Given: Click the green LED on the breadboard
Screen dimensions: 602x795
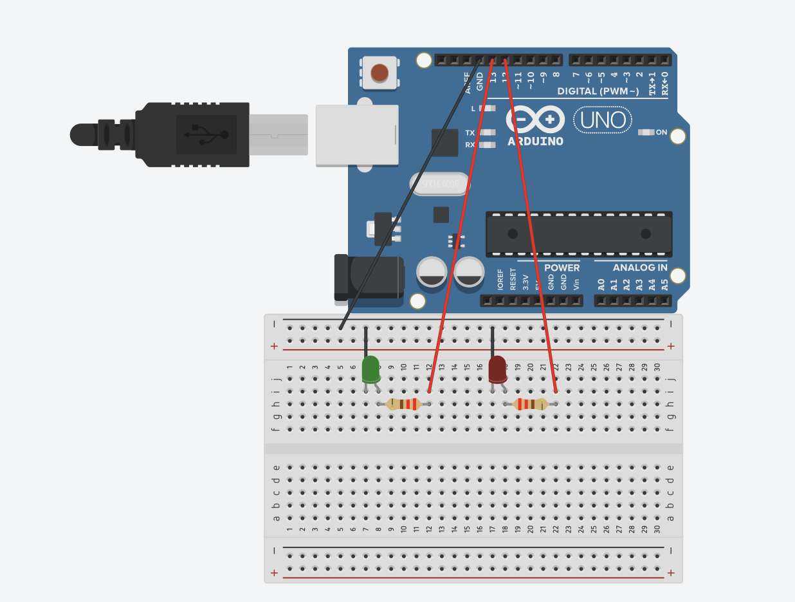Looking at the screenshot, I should coord(370,370).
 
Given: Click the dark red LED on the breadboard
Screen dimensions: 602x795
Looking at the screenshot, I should coord(497,370).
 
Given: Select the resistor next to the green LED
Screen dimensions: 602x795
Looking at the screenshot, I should coord(403,404).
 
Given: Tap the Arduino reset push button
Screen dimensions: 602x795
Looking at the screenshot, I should coord(379,73).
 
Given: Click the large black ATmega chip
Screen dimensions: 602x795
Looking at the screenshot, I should coord(579,233).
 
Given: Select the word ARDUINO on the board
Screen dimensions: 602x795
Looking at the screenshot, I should coord(535,141).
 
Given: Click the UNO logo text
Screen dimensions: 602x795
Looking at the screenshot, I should coord(603,120).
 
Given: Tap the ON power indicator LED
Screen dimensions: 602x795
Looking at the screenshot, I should coord(646,132).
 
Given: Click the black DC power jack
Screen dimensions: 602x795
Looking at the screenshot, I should coord(369,277).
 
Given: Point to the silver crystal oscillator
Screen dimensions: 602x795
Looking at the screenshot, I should coord(439,185).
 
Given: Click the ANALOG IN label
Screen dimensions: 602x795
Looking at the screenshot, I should coord(639,268).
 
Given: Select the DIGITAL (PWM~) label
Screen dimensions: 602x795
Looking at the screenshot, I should coord(598,91).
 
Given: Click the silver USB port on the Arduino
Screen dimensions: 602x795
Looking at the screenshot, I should coord(356,136).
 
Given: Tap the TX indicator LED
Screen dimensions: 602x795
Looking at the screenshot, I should coord(488,133).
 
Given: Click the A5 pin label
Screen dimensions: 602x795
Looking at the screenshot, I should coord(664,284).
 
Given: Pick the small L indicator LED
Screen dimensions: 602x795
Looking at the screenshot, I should coord(488,109).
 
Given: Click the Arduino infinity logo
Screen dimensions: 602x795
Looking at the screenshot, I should coord(535,120).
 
